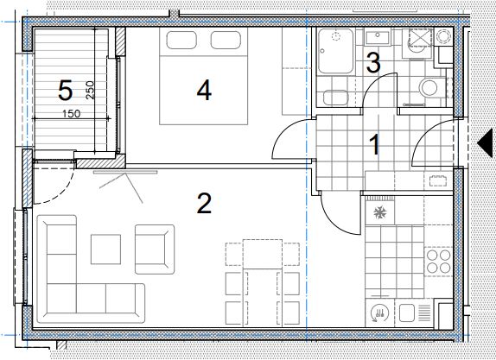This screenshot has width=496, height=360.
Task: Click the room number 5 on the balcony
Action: pyautogui.click(x=65, y=91)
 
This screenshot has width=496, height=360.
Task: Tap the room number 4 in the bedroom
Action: pyautogui.click(x=204, y=91)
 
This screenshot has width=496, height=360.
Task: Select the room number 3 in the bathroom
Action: pyautogui.click(x=373, y=62)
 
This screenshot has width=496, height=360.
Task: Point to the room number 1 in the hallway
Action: pyautogui.click(x=375, y=145)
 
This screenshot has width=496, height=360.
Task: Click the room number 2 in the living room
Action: pyautogui.click(x=204, y=204)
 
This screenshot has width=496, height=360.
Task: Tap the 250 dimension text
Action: pyautogui.click(x=90, y=91)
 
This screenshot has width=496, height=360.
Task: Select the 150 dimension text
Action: pyautogui.click(x=71, y=113)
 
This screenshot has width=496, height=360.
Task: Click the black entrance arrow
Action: pyautogui.click(x=485, y=142)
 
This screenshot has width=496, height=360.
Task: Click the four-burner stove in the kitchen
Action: pyautogui.click(x=438, y=261)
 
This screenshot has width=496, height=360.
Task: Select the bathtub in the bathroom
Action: pyautogui.click(x=335, y=51)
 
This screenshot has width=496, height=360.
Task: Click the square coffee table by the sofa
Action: pyautogui.click(x=105, y=249)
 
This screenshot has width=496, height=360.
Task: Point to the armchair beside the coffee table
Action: pyautogui.click(x=155, y=249)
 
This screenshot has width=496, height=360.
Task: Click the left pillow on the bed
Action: pyautogui.click(x=181, y=40)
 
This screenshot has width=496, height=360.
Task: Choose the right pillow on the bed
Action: pyautogui.click(x=226, y=40)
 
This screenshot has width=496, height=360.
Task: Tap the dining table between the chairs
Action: pyautogui.click(x=263, y=282)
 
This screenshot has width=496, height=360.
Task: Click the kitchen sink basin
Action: pyautogui.click(x=407, y=313)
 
